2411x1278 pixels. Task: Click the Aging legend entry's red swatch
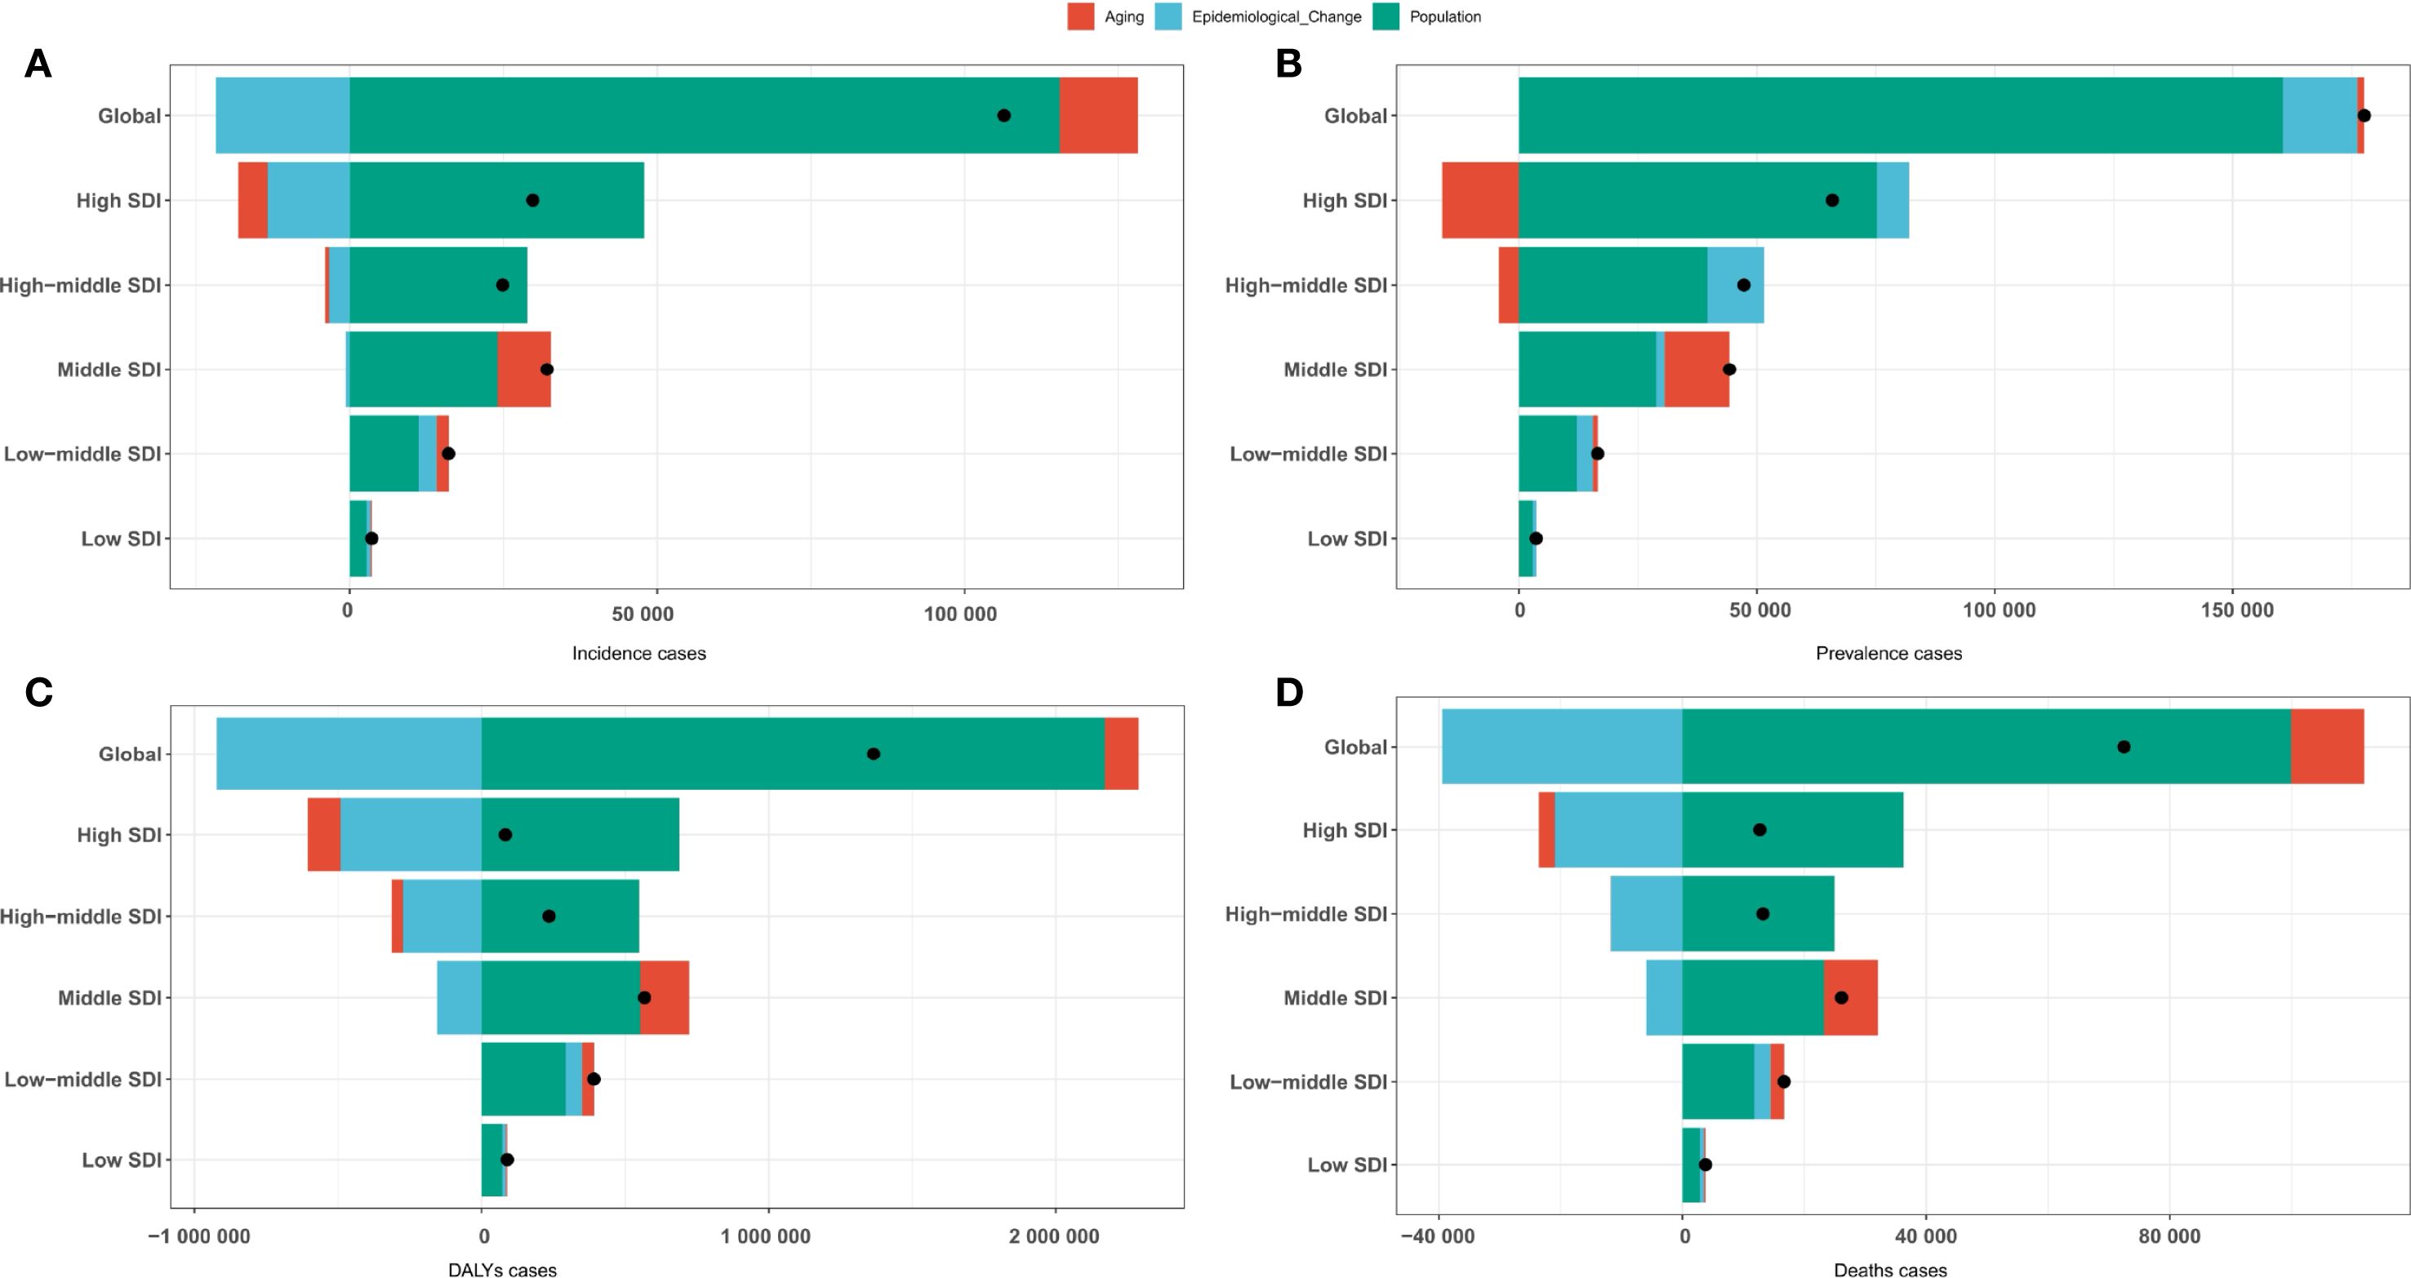(x=1080, y=17)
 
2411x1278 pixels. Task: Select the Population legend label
(x=1445, y=17)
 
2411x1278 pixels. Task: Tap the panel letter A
(x=38, y=64)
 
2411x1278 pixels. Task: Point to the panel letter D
(x=1289, y=692)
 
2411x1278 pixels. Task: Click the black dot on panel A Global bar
(x=1003, y=115)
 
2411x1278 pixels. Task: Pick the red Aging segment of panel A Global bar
(x=1098, y=115)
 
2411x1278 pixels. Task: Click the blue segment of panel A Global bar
(x=282, y=115)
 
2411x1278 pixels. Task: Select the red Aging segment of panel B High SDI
(x=1479, y=200)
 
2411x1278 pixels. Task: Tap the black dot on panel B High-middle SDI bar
(x=1743, y=285)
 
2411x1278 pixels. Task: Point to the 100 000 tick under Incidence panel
(x=960, y=615)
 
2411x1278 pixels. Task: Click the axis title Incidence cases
(x=639, y=654)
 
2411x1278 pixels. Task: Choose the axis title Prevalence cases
(x=1888, y=654)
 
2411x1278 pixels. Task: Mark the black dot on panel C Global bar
(x=874, y=754)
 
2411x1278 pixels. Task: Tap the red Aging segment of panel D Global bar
(x=2327, y=747)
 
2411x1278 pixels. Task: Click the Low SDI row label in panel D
(x=1347, y=1165)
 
